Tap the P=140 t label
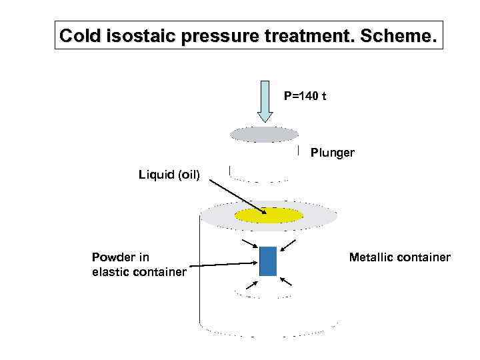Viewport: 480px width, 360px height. (x=305, y=96)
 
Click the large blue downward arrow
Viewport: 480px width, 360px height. (x=265, y=101)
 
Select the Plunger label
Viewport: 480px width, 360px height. (x=333, y=153)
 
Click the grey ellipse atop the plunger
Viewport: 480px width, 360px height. (x=264, y=135)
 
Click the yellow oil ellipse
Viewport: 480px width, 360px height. (x=269, y=215)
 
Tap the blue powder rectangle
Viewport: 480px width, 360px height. (x=267, y=261)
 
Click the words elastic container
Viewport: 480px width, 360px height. (x=139, y=271)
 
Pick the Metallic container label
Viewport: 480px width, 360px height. (x=400, y=257)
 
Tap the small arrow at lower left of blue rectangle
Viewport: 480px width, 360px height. (x=249, y=285)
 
